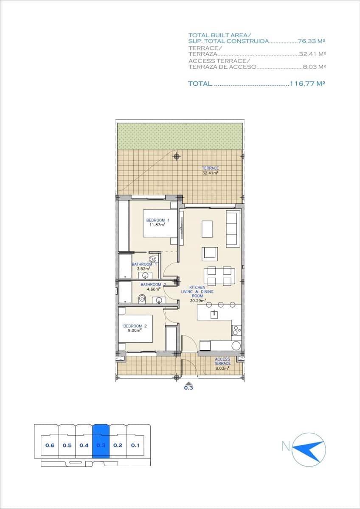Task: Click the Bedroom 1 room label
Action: (x=158, y=220)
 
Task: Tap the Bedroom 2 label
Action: (x=135, y=326)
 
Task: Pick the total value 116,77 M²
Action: (x=307, y=84)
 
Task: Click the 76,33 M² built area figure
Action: (x=312, y=41)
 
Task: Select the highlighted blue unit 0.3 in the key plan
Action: (x=101, y=445)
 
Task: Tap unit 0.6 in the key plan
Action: (x=50, y=445)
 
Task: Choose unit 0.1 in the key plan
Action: (x=135, y=445)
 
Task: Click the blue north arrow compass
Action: (x=309, y=449)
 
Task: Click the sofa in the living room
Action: (x=232, y=229)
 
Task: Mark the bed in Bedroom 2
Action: (x=135, y=329)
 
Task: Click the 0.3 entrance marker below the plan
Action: (x=188, y=386)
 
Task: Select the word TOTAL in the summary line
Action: (x=200, y=84)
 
